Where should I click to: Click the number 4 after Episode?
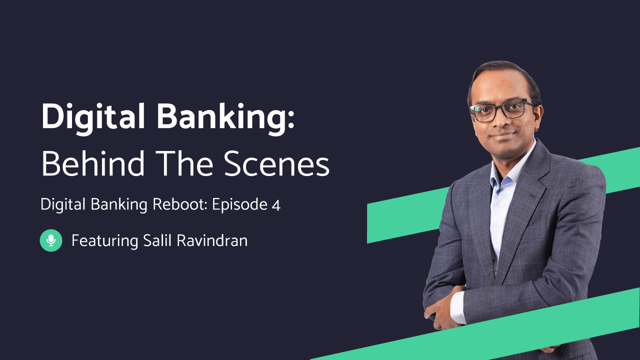(x=276, y=205)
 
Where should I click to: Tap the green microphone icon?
(x=51, y=240)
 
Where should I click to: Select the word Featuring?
(x=104, y=241)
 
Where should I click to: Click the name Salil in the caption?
(x=157, y=240)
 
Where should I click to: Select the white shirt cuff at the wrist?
(x=457, y=305)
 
